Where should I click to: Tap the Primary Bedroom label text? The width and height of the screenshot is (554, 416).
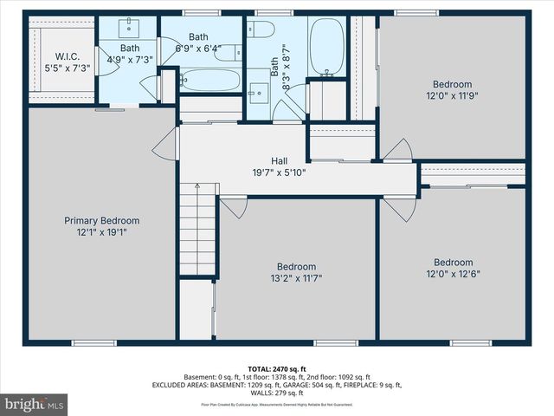(x=101, y=221)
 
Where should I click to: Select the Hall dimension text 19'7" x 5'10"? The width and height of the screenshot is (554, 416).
(x=279, y=172)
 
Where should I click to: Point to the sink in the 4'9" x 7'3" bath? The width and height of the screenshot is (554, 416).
(x=138, y=23)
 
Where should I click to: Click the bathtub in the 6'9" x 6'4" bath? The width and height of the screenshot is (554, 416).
(x=210, y=81)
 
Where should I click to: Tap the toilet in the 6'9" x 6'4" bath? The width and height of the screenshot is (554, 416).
(x=229, y=53)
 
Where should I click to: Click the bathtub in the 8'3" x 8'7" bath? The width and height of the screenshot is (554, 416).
(x=326, y=48)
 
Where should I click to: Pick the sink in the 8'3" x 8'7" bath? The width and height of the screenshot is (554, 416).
(x=258, y=91)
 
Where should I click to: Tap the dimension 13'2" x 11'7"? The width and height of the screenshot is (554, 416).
(x=296, y=279)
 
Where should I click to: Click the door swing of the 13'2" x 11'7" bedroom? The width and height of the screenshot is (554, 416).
(x=233, y=207)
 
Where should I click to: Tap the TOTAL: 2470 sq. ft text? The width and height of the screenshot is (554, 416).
(x=278, y=369)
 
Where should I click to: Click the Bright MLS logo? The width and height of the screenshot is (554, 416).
(x=35, y=404)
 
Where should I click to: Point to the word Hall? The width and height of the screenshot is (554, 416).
(x=279, y=160)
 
